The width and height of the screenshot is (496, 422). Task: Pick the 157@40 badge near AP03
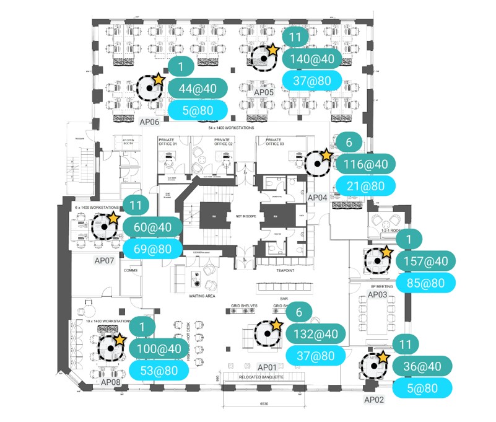(x=425, y=262)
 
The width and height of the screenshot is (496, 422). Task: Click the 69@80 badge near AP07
(x=152, y=248)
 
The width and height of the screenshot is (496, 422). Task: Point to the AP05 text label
(x=264, y=92)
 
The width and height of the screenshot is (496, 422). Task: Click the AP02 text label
(x=374, y=400)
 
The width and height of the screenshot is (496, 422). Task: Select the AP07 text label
(x=104, y=260)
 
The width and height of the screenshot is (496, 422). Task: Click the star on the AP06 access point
(x=159, y=79)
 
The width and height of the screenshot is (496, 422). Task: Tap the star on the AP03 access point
(x=386, y=252)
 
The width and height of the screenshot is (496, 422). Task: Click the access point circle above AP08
(x=110, y=348)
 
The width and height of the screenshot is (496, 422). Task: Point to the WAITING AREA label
(x=201, y=297)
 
